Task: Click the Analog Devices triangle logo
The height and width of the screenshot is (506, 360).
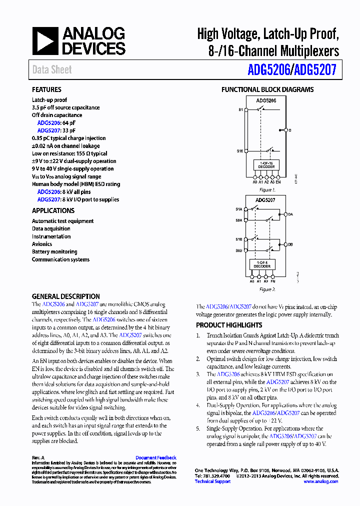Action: coord(45,41)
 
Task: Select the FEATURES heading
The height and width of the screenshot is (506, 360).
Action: coord(46,89)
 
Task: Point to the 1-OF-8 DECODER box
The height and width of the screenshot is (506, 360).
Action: coord(262,264)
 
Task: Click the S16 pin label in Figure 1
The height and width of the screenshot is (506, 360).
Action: coord(240,150)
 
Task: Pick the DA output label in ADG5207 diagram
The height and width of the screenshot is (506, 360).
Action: coord(290,214)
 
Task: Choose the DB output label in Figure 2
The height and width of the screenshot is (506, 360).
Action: coord(290,244)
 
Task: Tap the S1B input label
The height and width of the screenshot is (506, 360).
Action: coord(239,239)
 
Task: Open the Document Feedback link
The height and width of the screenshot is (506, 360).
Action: coord(155,457)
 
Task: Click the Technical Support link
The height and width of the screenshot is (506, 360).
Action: coord(212,481)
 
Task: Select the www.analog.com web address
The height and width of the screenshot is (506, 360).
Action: coord(320,481)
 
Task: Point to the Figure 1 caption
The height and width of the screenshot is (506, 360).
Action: coord(267,190)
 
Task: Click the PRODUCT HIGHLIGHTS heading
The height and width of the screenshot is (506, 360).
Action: coord(229,325)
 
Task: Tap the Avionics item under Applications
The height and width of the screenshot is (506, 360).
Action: coord(42,244)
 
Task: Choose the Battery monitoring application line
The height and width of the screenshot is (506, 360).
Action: coord(54,251)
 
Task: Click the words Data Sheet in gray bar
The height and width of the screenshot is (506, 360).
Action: coord(52,70)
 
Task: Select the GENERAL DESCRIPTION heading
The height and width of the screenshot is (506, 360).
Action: coord(65,296)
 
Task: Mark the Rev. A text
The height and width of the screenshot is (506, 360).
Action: coord(38,457)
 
